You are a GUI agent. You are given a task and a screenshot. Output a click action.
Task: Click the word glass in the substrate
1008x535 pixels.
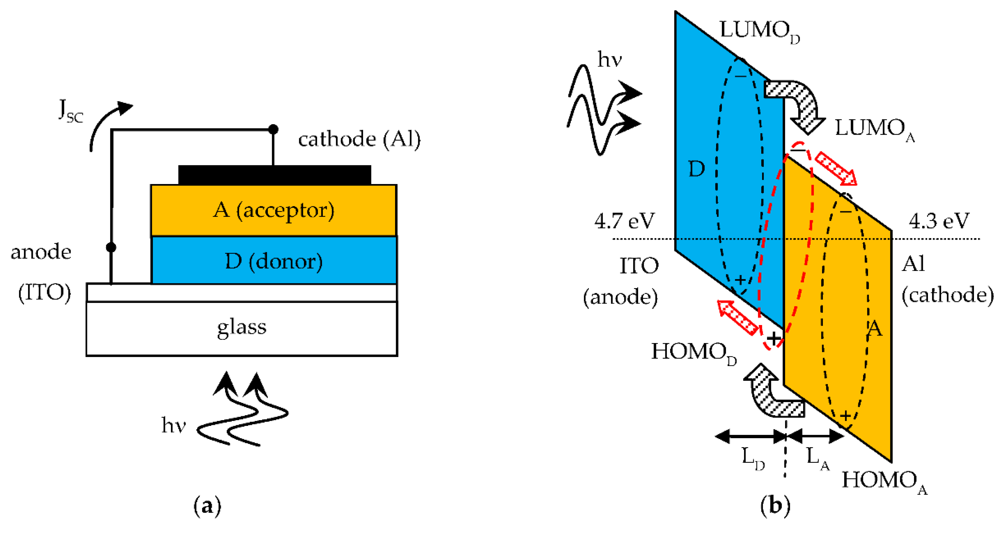[241, 327]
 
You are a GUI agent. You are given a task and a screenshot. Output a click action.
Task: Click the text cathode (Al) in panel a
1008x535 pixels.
[359, 139]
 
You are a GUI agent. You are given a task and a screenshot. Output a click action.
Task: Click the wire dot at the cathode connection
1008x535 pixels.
[273, 129]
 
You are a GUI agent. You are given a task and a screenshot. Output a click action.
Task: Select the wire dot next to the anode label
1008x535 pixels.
[111, 247]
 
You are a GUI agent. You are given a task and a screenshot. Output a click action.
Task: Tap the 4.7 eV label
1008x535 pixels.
[624, 221]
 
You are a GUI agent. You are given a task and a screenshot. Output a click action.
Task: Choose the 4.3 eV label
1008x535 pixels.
[939, 221]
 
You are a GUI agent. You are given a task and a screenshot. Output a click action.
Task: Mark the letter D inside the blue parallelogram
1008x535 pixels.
[696, 169]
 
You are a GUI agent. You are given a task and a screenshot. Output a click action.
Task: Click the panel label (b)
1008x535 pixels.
[775, 506]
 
